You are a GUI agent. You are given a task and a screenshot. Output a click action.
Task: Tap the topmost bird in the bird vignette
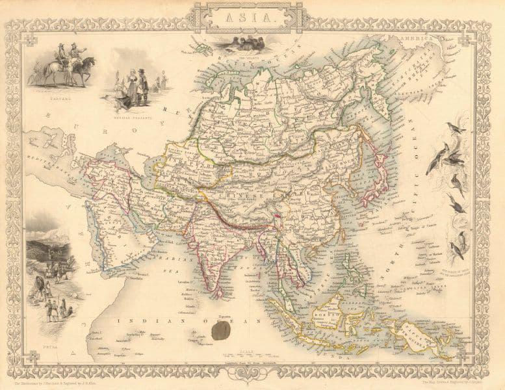(x=460, y=127)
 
